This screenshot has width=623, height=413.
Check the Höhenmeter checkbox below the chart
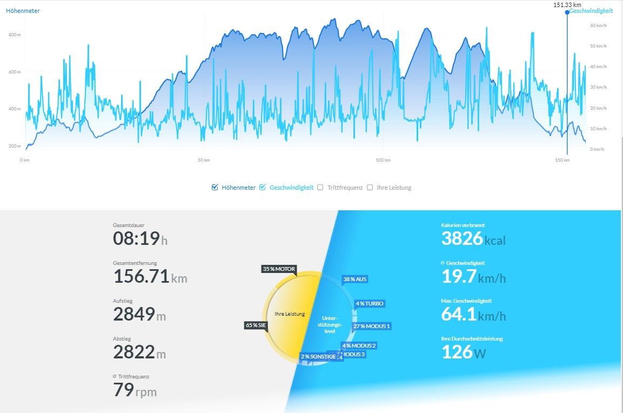(215, 188)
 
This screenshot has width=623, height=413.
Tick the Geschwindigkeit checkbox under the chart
(263, 188)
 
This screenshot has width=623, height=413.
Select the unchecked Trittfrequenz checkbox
(320, 188)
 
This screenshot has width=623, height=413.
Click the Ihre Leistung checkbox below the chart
(370, 188)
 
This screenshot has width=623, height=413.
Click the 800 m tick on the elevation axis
(15, 35)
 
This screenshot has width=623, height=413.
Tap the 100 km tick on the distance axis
(383, 160)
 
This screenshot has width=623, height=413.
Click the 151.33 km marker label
(567, 5)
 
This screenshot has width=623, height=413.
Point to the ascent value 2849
(133, 314)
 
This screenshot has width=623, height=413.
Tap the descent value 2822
(133, 352)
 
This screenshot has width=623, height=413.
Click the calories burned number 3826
(461, 238)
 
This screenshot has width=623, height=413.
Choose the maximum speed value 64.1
(459, 314)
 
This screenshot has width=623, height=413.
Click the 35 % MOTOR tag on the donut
(279, 269)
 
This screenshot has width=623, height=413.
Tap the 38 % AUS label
(354, 279)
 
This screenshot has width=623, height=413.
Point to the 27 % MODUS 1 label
(371, 326)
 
